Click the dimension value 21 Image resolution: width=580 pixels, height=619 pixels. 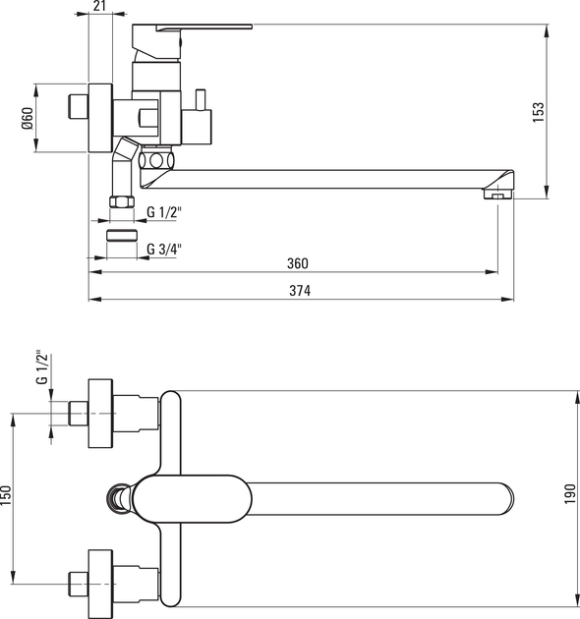[100, 6]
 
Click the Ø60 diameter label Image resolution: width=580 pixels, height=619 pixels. [28, 119]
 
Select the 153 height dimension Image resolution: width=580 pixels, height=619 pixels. [538, 113]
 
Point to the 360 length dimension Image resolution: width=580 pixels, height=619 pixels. [298, 263]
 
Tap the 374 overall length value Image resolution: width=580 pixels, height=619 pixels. [300, 291]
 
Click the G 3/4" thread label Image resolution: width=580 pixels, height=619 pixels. [164, 250]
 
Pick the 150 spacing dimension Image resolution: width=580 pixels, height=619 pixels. [6, 495]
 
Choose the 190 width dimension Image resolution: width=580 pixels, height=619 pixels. [570, 494]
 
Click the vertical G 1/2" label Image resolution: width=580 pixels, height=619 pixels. [41, 367]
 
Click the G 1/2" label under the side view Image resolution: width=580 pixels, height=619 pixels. [164, 212]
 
